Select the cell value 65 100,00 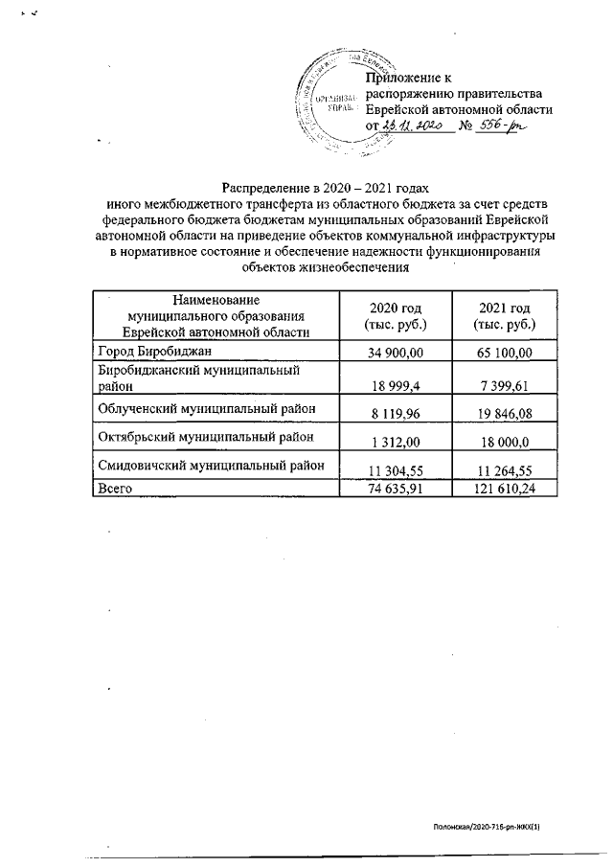point(504,354)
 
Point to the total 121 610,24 point(504,488)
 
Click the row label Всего point(115,488)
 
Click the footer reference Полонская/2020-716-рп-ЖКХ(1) point(494,824)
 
